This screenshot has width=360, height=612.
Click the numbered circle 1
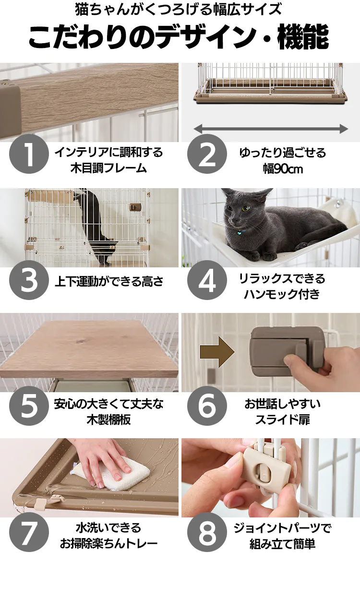tap(29, 154)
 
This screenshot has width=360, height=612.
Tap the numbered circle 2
tap(207, 154)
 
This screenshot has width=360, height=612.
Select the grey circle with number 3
tap(29, 280)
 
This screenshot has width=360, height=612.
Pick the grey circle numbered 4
tap(207, 280)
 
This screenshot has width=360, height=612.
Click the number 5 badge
tap(29, 406)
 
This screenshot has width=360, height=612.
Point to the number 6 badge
tap(207, 406)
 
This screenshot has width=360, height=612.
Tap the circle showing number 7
tap(29, 532)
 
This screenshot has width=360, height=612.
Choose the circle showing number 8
tap(207, 532)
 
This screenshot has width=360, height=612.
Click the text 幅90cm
tap(283, 169)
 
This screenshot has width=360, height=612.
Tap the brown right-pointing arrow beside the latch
tap(217, 352)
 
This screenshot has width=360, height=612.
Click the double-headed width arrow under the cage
tap(271, 129)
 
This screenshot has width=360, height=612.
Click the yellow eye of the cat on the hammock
tap(246, 208)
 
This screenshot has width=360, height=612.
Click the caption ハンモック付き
tap(282, 294)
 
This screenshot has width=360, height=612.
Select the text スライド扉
tap(282, 420)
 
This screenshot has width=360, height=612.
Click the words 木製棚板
tap(108, 420)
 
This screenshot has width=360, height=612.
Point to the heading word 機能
tap(303, 37)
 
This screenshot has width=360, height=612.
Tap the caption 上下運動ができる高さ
tap(109, 281)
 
